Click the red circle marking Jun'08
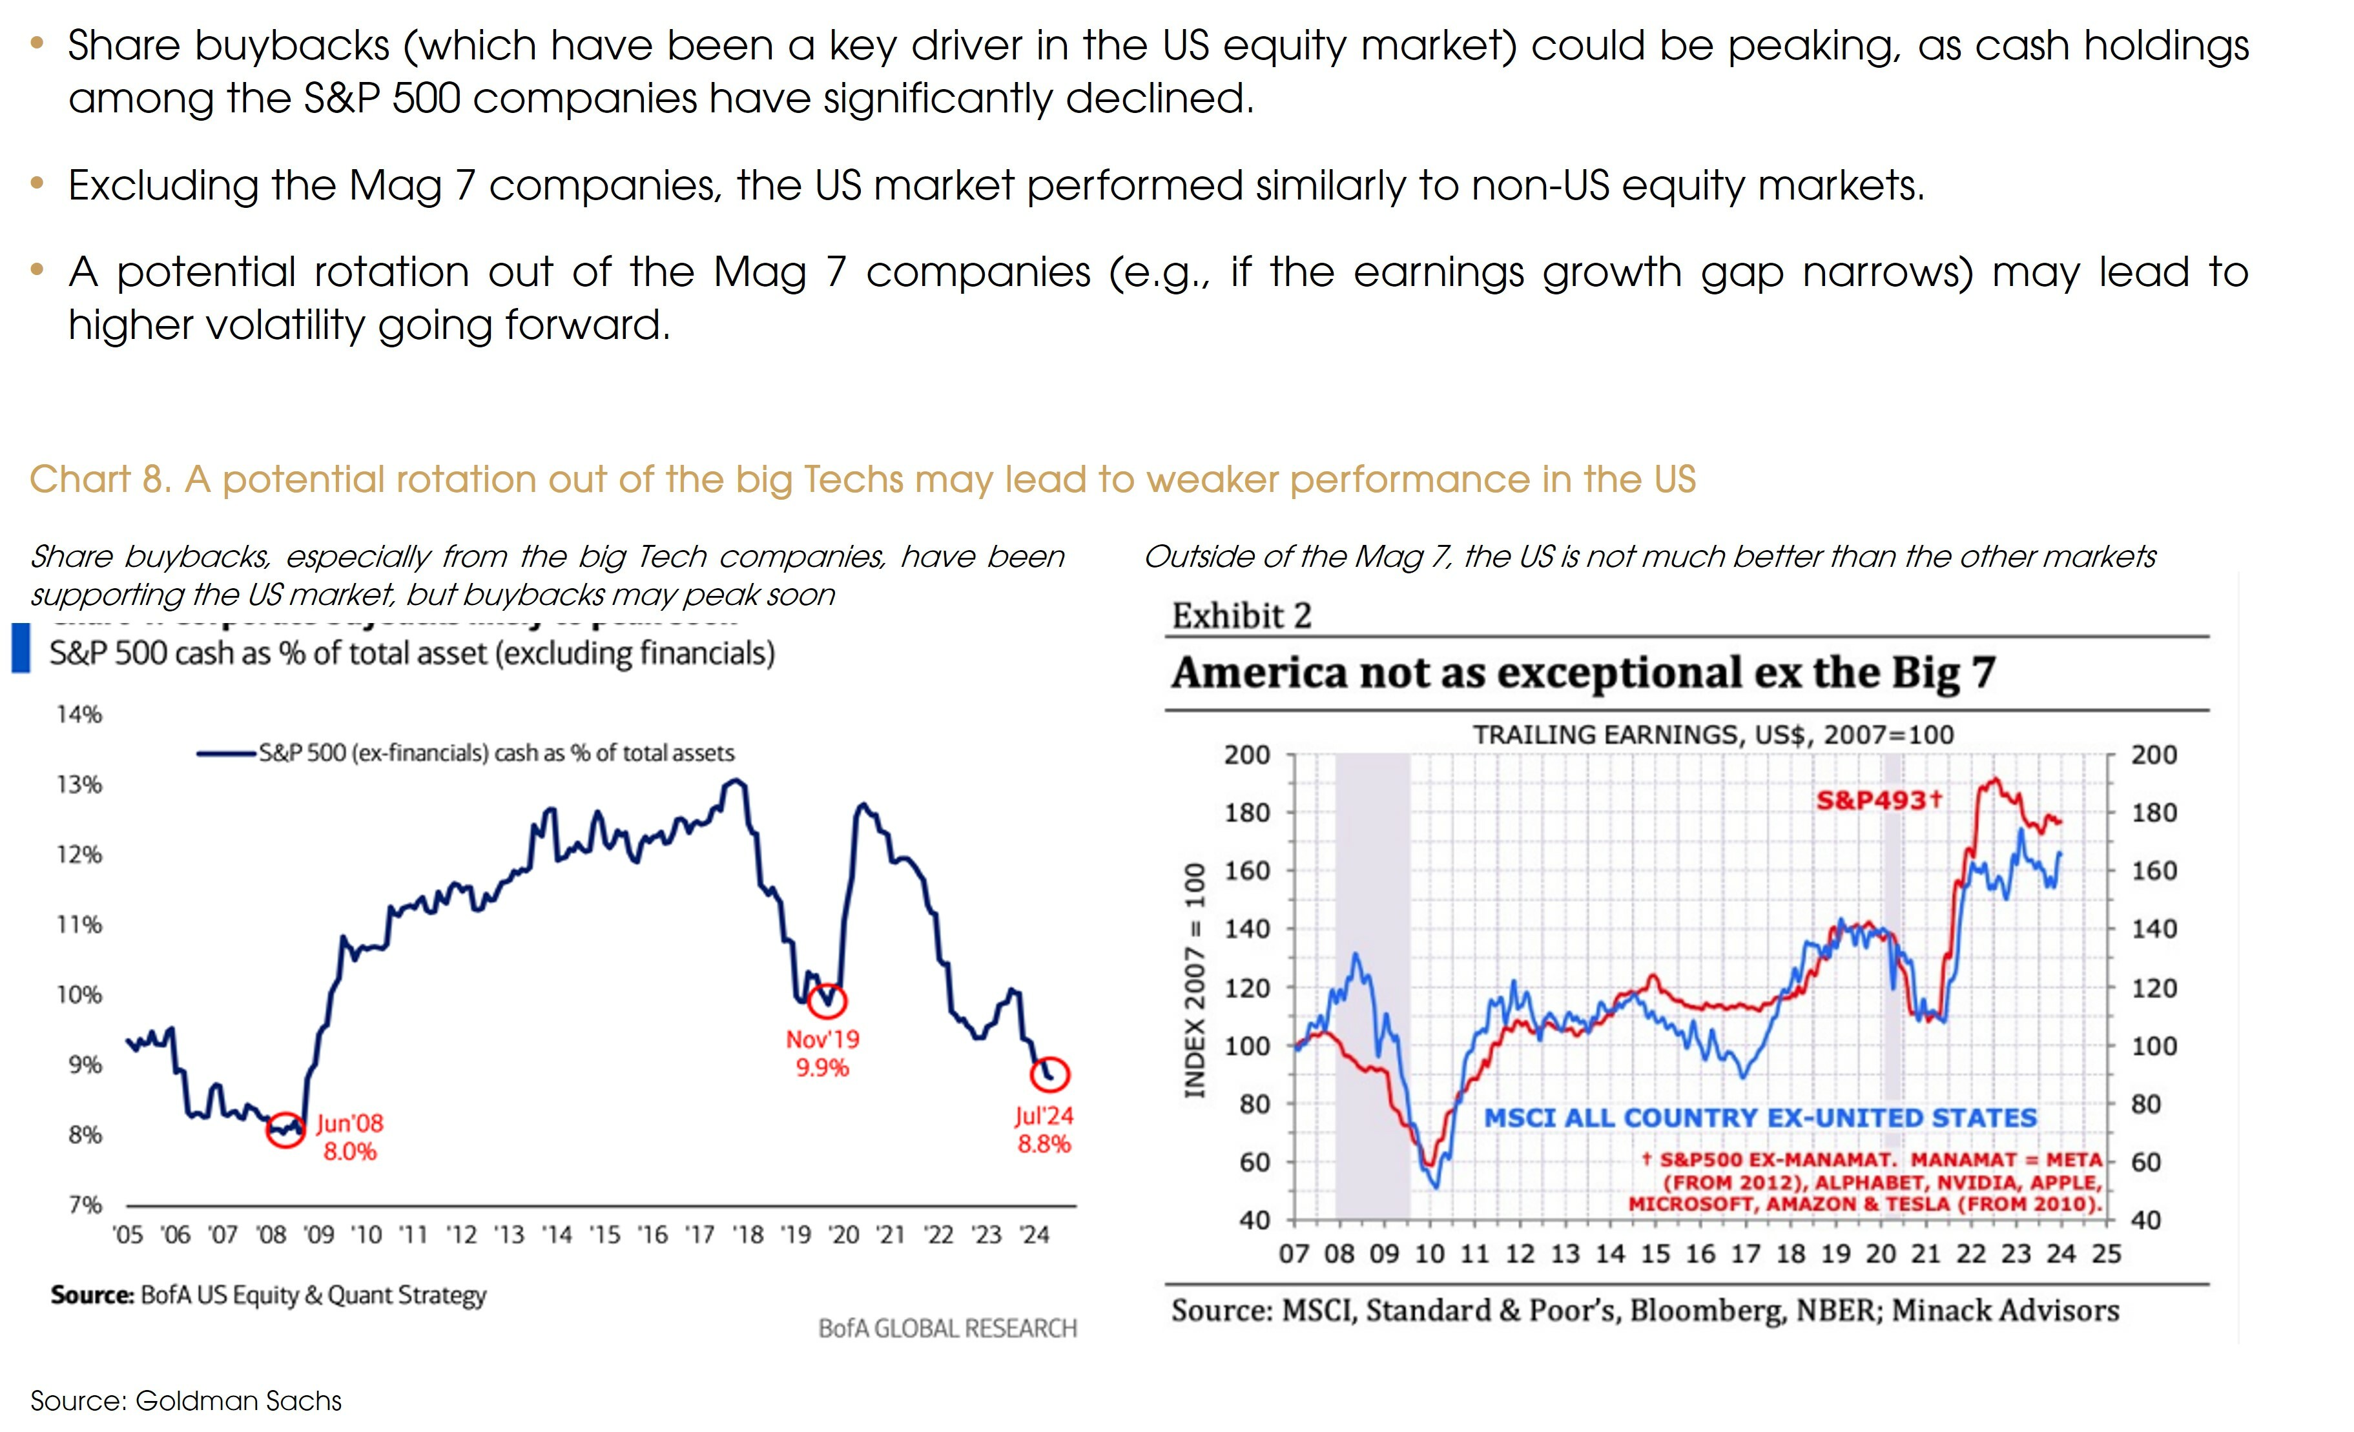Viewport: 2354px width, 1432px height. coord(285,1129)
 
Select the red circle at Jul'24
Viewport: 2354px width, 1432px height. coord(1049,1074)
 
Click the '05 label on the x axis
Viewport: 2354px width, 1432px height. coord(128,1235)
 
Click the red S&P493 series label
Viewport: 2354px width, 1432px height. coord(1878,799)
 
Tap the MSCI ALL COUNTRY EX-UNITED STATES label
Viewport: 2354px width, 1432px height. coord(1760,1118)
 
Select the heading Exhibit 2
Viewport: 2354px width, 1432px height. coord(1241,616)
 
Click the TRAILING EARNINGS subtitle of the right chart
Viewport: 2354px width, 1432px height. coord(1712,735)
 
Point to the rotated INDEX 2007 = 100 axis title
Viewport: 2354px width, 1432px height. coord(1194,980)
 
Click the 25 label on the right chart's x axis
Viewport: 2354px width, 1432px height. coord(2105,1253)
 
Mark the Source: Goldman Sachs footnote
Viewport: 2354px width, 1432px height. coord(186,1400)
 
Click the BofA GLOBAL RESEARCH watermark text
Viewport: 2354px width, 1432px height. coord(947,1328)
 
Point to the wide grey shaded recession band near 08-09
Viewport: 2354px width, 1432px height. coord(1372,984)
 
